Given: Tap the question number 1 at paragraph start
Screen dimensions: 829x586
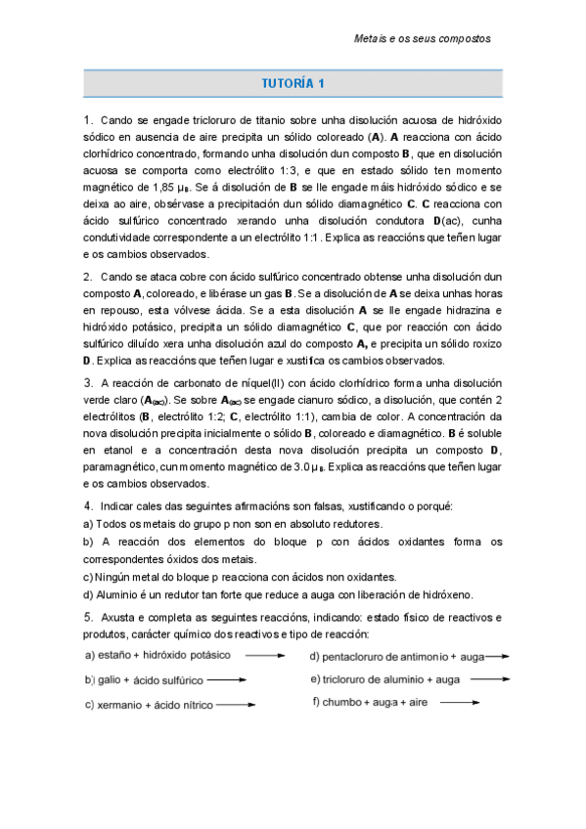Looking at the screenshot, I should (87, 120).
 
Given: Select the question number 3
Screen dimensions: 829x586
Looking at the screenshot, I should (87, 382).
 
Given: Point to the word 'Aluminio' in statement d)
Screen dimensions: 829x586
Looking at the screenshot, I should (122, 593).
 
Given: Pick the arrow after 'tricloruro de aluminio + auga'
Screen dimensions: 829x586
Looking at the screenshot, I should (486, 678).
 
